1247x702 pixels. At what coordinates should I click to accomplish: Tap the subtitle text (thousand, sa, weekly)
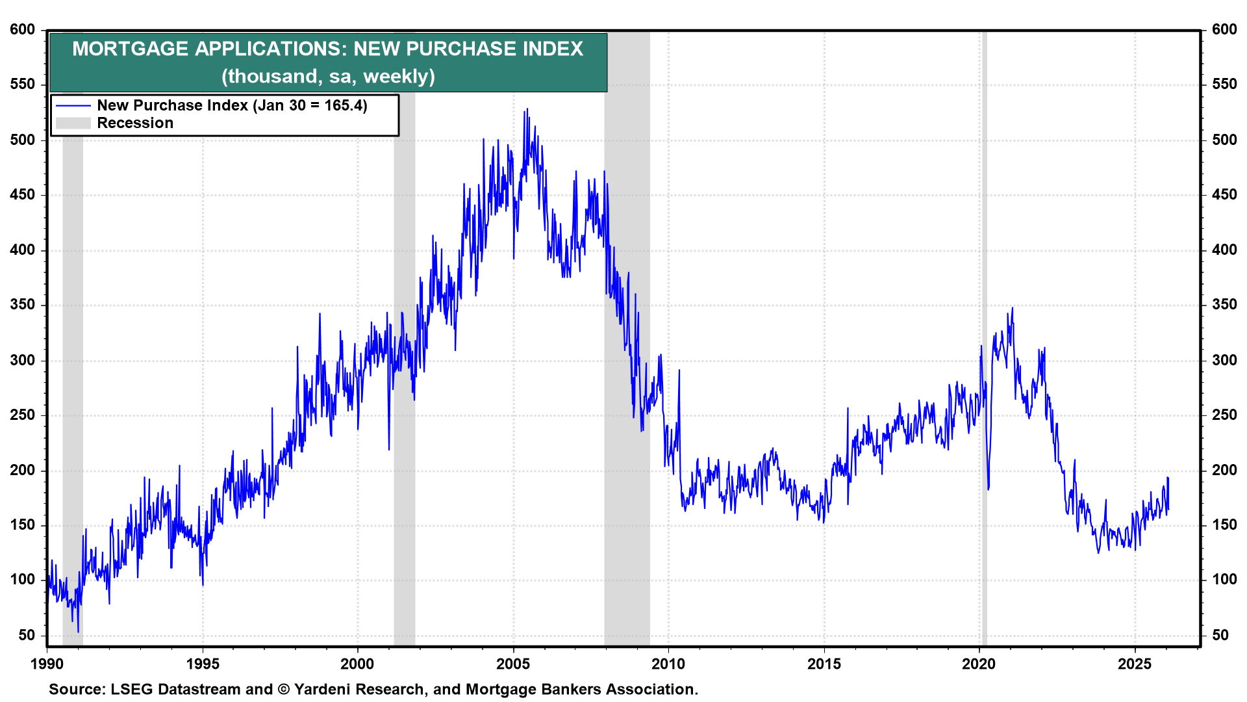[x=328, y=77]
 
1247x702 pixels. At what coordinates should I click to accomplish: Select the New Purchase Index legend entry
[x=232, y=105]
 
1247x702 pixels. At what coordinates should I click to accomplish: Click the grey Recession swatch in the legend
[x=73, y=123]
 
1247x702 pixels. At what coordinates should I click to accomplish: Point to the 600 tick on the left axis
[x=23, y=30]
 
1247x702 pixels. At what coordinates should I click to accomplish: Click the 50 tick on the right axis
[x=1224, y=635]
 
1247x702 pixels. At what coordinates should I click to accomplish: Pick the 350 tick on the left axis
[x=23, y=305]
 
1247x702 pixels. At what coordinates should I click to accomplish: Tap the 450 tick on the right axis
[x=1224, y=195]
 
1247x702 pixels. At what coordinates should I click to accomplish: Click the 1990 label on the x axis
[x=47, y=664]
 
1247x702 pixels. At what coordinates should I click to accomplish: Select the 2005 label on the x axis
[x=513, y=664]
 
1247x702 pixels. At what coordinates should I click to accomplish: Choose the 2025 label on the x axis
[x=1135, y=664]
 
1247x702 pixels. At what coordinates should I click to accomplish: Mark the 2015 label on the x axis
[x=824, y=664]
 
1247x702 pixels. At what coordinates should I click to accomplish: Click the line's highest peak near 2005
[x=527, y=109]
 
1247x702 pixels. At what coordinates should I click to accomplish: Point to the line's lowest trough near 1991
[x=78, y=631]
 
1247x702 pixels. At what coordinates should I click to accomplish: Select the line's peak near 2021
[x=1012, y=308]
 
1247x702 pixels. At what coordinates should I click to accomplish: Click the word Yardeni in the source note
[x=325, y=690]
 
